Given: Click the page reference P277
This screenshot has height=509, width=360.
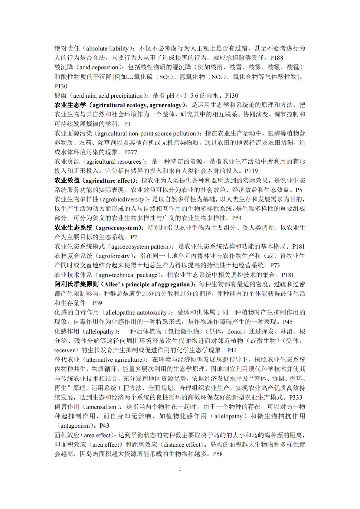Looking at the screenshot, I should (131, 152).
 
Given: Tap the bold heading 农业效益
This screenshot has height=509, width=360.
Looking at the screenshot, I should (67, 181).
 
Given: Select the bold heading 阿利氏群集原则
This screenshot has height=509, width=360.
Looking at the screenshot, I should (77, 284).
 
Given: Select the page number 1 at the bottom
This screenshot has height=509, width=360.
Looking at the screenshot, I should (180, 469).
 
